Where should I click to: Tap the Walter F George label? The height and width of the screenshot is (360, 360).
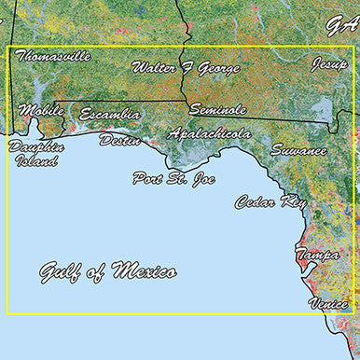185,68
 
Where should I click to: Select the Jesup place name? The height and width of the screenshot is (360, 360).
329,65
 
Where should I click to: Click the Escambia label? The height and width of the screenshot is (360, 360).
110,114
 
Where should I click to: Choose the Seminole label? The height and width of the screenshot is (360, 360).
217,110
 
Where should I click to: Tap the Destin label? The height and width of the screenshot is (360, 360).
119,141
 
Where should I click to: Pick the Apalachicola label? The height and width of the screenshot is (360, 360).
210,134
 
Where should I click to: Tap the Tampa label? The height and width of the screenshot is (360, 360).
317,255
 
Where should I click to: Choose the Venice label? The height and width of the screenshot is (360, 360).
329,304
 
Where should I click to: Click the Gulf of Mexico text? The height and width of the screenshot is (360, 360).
107,272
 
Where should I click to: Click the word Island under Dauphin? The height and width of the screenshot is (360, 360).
36,160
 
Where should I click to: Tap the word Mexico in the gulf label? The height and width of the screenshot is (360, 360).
144,272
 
